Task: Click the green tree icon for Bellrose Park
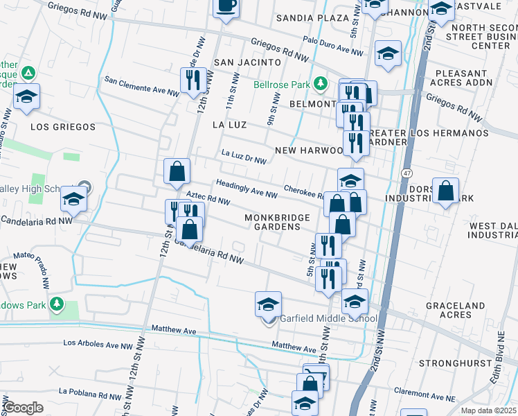(x=320, y=85)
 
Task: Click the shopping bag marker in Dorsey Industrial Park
(x=446, y=191)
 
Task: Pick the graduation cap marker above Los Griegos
(x=26, y=97)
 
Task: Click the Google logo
(x=23, y=408)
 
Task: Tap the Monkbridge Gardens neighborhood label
(x=277, y=222)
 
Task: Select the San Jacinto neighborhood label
(x=240, y=62)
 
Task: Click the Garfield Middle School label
(x=328, y=319)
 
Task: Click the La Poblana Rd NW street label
(x=89, y=391)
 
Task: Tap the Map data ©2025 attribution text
(x=489, y=410)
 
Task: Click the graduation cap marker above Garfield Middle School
(x=268, y=304)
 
